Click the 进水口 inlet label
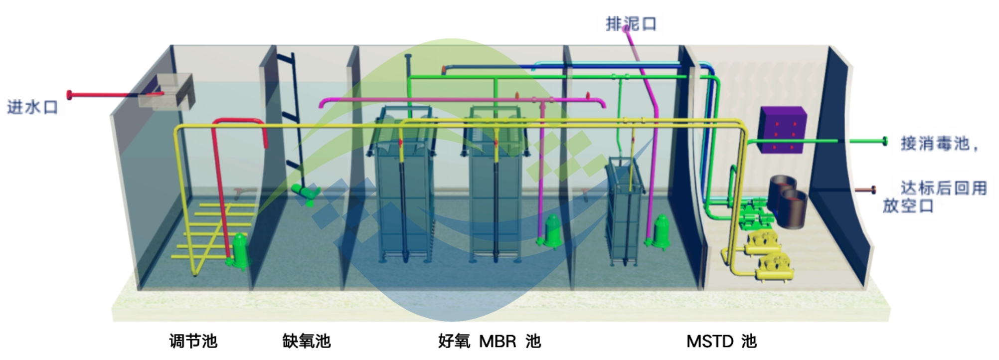coord(32,107)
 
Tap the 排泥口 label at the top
coord(631,23)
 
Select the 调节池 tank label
coord(193,341)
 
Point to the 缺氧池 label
coord(306,341)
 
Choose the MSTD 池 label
coord(721,341)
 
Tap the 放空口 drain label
coord(908,206)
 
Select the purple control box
coord(782,130)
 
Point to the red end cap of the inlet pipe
coord(70,94)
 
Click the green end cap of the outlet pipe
coord(885,141)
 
